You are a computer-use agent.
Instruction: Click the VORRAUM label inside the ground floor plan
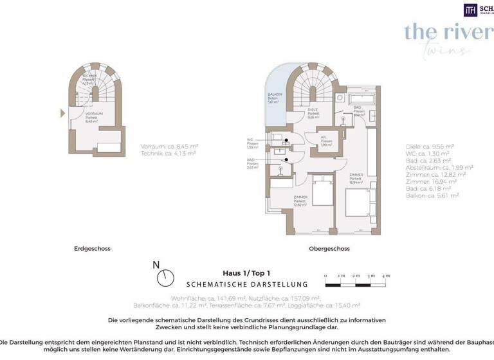[94, 114]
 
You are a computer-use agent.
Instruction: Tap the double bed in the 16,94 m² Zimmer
[357, 205]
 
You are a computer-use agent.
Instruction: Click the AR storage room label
[327, 138]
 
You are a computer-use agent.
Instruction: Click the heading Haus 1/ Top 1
[247, 273]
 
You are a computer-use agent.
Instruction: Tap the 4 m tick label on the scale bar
[386, 276]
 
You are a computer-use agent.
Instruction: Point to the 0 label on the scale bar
[325, 276]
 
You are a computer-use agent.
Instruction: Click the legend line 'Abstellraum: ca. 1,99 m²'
[434, 166]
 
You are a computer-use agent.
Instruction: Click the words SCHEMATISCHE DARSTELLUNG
[247, 284]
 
